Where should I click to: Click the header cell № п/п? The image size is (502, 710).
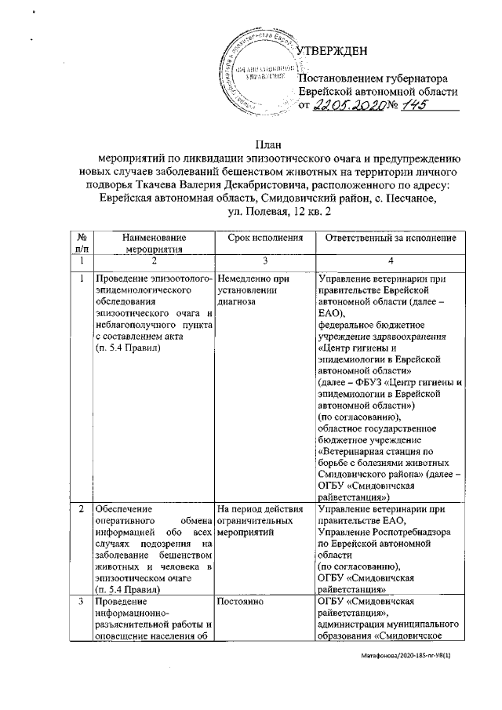[x=82, y=242]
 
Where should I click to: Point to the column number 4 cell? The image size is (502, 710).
[x=391, y=260]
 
